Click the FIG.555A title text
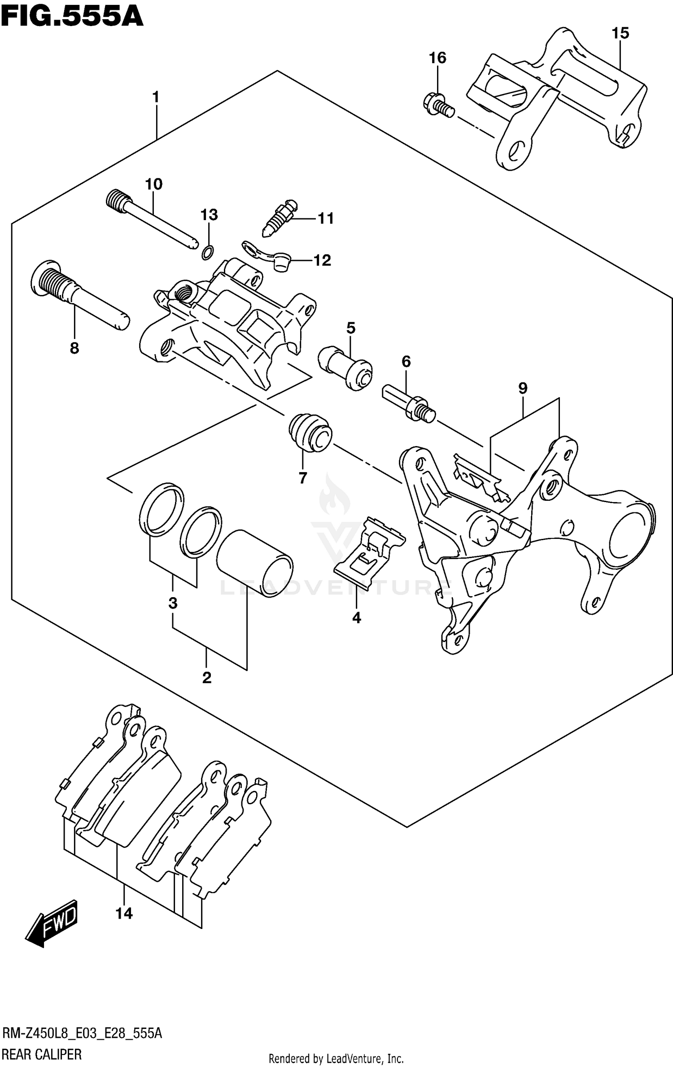coord(72,17)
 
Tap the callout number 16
coord(437,58)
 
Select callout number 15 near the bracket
coord(621,33)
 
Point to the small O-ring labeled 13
coord(207,253)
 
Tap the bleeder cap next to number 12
coord(281,262)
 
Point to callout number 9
coord(523,388)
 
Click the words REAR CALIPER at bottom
coord(43,1054)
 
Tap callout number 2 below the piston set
coord(206,677)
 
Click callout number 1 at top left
coord(156,97)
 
